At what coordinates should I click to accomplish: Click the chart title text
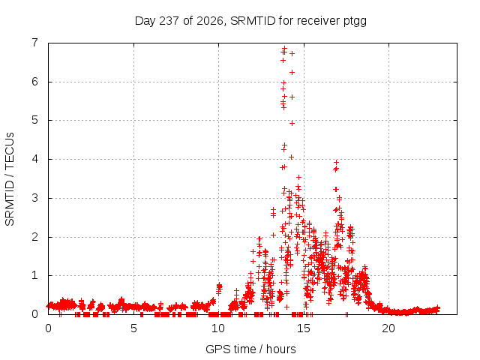[250, 21]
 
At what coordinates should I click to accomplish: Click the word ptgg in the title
[355, 22]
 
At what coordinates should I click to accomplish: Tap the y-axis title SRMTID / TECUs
[10, 179]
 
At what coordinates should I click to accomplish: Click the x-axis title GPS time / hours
[250, 349]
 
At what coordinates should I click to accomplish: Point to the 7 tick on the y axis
[35, 43]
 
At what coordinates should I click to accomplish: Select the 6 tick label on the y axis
[35, 82]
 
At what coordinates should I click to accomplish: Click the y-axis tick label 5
[35, 120]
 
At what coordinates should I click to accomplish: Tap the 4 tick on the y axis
[35, 159]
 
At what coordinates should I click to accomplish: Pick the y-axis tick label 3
[35, 198]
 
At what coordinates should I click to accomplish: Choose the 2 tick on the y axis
[35, 237]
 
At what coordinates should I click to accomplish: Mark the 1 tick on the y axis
[35, 275]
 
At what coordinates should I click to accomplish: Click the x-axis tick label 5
[133, 328]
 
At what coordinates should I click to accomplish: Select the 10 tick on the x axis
[218, 328]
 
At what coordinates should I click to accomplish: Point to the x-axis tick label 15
[303, 328]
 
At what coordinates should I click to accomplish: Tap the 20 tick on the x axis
[388, 328]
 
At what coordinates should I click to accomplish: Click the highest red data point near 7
[285, 48]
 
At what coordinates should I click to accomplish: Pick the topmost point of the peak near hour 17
[337, 162]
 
